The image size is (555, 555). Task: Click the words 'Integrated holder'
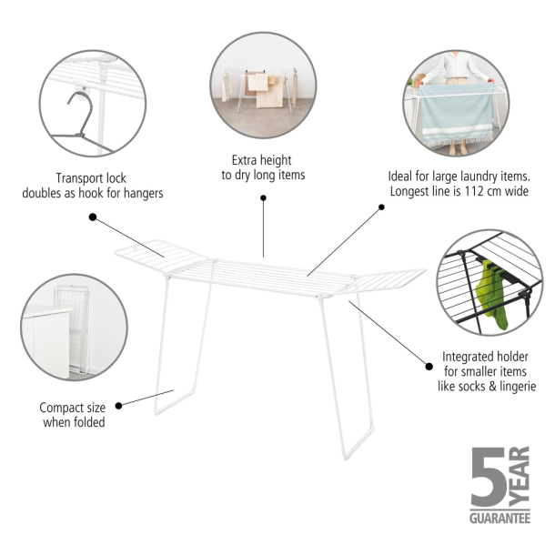coord(486,357)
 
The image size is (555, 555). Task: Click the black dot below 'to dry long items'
coord(264,197)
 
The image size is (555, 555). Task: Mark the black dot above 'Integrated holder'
coord(429,366)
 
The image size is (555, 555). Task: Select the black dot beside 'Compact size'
coord(120,404)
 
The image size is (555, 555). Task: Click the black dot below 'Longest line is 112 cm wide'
coord(382,207)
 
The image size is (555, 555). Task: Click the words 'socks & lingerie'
coord(487,387)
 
